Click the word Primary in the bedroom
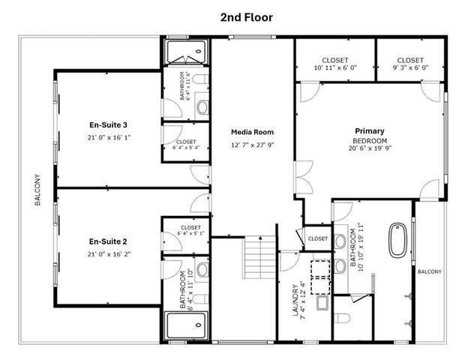[x=369, y=131]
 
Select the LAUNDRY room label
[x=294, y=299]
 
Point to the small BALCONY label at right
[x=430, y=271]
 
